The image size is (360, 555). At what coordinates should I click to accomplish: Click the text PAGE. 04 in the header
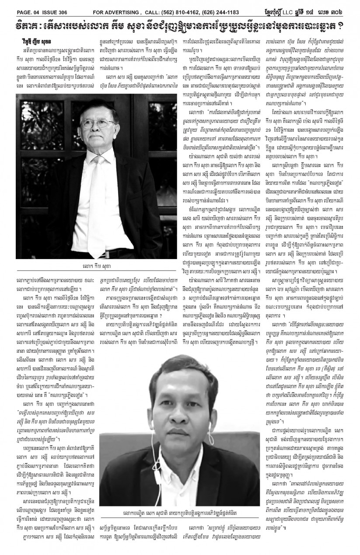coord(22,5)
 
